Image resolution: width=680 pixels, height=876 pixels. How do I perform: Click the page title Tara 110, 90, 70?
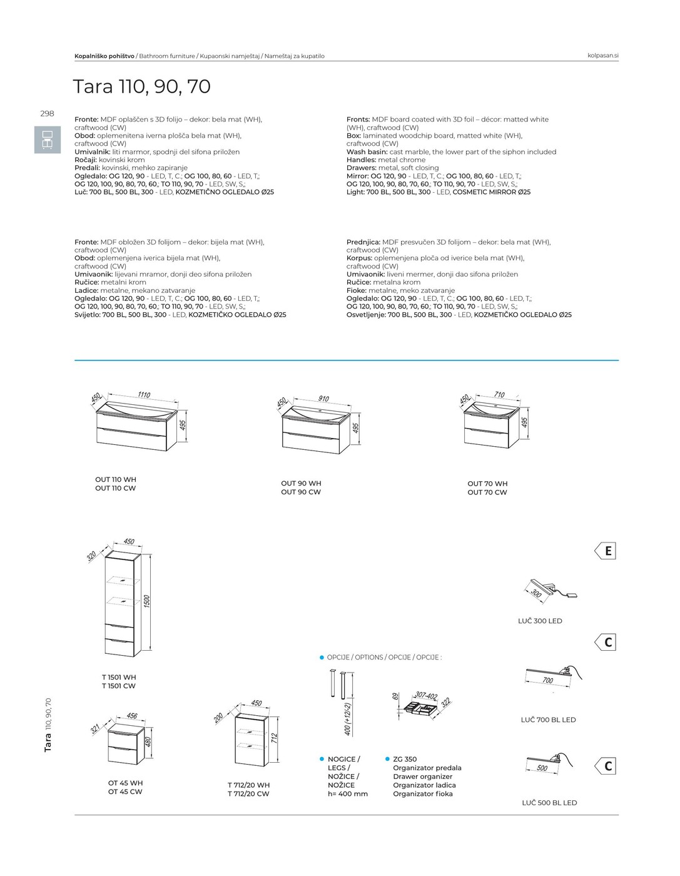pos(142,86)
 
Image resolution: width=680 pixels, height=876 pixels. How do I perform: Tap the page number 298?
pos(47,114)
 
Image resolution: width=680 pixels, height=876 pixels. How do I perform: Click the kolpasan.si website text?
pos(602,56)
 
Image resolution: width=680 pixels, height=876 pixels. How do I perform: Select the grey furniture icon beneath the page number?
pos(48,140)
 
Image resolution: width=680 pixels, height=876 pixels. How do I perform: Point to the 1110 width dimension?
pos(144,395)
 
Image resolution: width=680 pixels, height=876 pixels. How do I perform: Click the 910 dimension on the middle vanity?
pos(323,399)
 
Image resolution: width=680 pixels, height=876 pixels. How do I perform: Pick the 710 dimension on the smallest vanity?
pos(499,394)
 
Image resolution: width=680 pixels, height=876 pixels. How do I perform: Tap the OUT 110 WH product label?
pos(116,479)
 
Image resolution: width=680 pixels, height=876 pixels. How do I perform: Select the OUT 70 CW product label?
pos(487,492)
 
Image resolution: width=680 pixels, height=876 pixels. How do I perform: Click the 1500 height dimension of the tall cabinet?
pos(146,601)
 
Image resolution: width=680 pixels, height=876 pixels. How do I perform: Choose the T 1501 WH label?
pos(119,677)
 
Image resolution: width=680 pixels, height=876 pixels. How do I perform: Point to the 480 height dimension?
pos(148,741)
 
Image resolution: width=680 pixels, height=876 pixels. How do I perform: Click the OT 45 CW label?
pos(125,792)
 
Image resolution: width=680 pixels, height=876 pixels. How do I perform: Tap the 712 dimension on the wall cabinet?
pos(275,738)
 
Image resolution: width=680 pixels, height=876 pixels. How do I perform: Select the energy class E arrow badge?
pos(605,551)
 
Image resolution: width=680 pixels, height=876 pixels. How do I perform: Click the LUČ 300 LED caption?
pos(540,621)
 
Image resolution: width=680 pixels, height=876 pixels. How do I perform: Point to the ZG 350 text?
pos(405,759)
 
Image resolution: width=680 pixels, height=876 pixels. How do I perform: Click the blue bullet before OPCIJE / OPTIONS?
pos(322,658)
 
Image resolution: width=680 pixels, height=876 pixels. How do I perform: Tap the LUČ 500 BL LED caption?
pos(549,803)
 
